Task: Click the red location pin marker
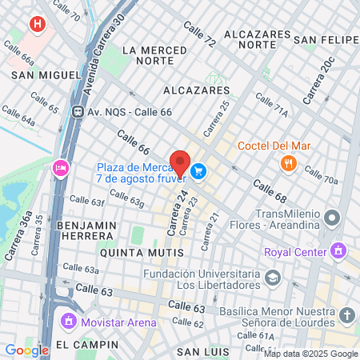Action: pyautogui.click(x=180, y=163)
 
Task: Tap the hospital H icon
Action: pyautogui.click(x=36, y=25)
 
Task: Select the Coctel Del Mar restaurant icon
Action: pyautogui.click(x=289, y=164)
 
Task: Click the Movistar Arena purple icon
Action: pyautogui.click(x=68, y=322)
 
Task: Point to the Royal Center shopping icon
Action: pyautogui.click(x=338, y=251)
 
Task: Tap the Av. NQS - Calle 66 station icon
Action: pyautogui.click(x=78, y=112)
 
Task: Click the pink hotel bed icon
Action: pyautogui.click(x=59, y=168)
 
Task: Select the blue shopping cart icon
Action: pyautogui.click(x=199, y=170)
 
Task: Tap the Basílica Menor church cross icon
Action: pyautogui.click(x=346, y=315)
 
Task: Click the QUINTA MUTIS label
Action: pyautogui.click(x=142, y=252)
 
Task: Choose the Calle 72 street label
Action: pyautogui.click(x=199, y=34)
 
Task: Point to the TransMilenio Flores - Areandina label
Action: pyautogui.click(x=293, y=221)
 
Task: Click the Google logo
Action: pyautogui.click(x=26, y=350)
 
